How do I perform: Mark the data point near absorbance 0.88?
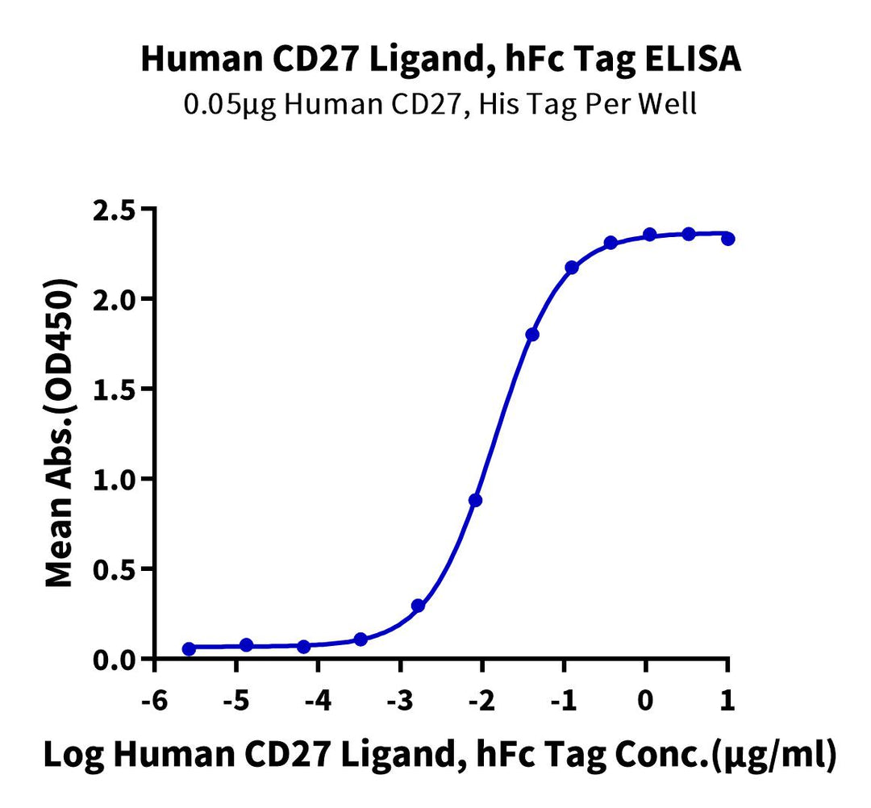click(x=475, y=500)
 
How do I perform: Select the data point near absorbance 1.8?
click(x=532, y=334)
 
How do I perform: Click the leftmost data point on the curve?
click(x=189, y=648)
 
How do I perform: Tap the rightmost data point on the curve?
click(x=728, y=239)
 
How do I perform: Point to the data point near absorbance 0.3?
click(x=418, y=605)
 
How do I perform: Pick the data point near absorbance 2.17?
click(x=572, y=267)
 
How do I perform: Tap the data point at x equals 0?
click(x=649, y=235)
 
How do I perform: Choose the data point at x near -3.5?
click(x=360, y=639)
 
